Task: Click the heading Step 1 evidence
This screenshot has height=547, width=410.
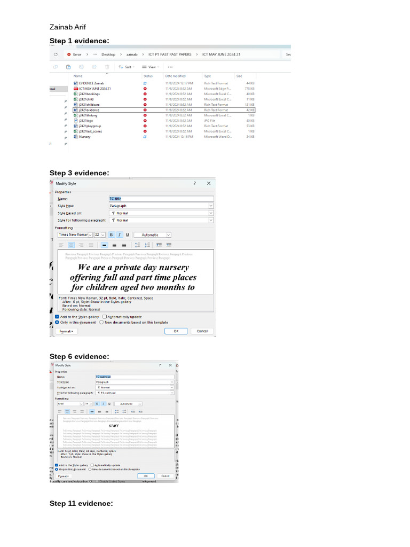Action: coord(79,41)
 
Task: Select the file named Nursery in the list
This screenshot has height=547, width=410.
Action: coord(84,137)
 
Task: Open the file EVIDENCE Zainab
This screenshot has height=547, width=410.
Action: coord(91,83)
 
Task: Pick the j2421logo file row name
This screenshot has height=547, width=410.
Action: coord(85,121)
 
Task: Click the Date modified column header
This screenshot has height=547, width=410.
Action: coord(175,76)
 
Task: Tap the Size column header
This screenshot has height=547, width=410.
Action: coord(239,76)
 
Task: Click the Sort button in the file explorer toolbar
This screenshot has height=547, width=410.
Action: coord(127,67)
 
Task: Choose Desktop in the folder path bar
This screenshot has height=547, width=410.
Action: coord(108,54)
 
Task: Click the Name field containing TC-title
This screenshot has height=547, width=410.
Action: coord(160,198)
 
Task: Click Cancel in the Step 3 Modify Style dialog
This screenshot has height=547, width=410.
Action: coord(202,331)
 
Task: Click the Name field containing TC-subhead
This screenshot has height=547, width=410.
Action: coord(134,377)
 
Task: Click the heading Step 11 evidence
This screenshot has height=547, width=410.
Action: coord(81,504)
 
